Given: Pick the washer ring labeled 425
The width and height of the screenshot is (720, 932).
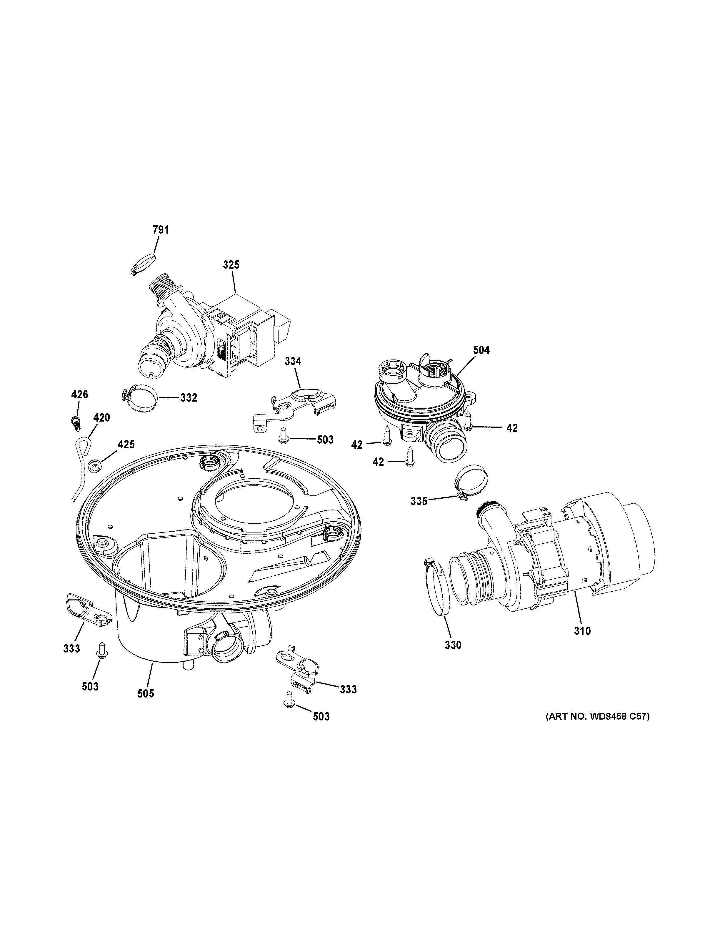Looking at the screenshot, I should [94, 466].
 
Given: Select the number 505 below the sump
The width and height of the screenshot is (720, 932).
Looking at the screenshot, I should [146, 694].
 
